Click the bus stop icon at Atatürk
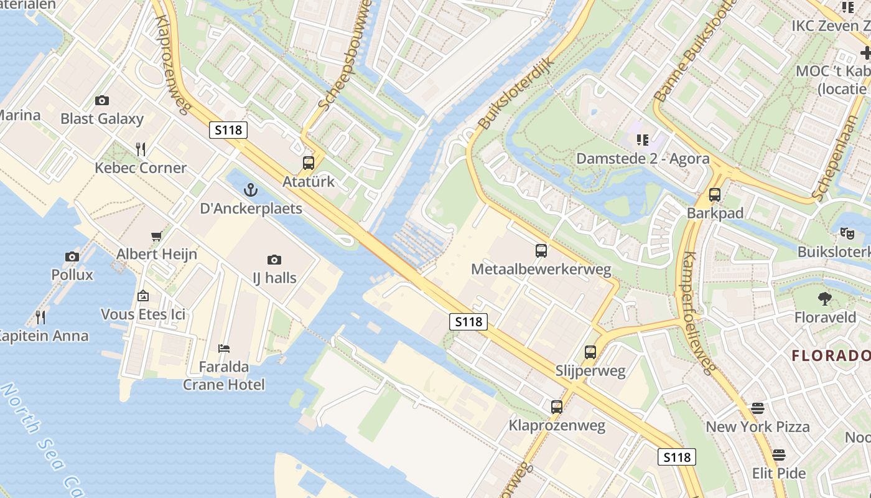(308, 163)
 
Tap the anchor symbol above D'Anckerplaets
(251, 190)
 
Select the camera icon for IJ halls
(274, 260)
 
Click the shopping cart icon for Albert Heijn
(157, 236)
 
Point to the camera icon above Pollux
(72, 256)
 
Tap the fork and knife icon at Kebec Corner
(141, 149)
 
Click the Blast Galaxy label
(102, 118)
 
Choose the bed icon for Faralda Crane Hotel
(224, 348)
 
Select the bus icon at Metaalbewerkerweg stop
(541, 251)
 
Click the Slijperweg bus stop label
(590, 371)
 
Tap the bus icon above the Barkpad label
(715, 195)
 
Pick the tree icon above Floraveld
(825, 299)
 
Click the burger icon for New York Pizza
(757, 408)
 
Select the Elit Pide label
(779, 473)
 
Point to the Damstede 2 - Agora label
(643, 159)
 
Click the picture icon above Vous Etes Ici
(143, 296)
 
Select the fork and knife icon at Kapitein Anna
(40, 317)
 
